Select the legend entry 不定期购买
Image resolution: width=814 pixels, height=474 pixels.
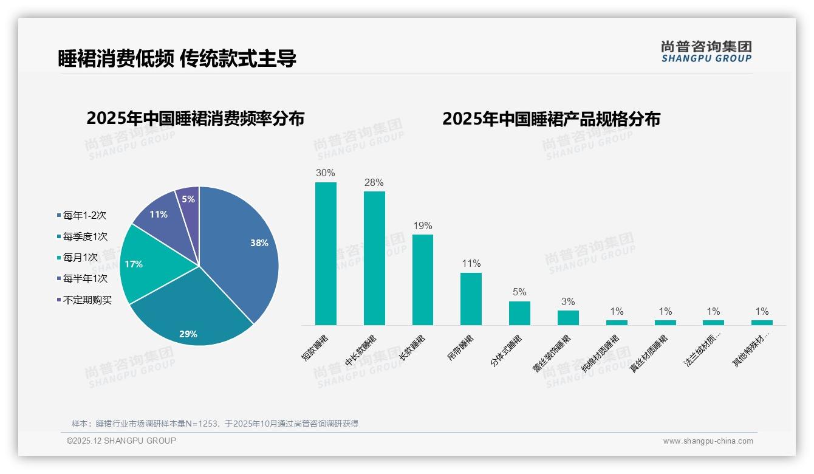tap(87, 300)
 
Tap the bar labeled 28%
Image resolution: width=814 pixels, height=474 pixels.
tap(374, 258)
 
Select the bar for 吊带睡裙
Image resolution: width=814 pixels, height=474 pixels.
tap(471, 299)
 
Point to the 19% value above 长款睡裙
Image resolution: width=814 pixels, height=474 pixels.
tap(423, 226)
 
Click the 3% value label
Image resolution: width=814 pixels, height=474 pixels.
tap(568, 302)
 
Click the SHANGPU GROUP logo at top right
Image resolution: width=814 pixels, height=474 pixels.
tap(706, 52)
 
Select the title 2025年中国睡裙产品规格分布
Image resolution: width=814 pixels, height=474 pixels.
tap(551, 119)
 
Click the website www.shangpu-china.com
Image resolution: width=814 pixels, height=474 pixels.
tap(708, 441)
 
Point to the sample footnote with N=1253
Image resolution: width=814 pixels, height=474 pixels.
tap(215, 424)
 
